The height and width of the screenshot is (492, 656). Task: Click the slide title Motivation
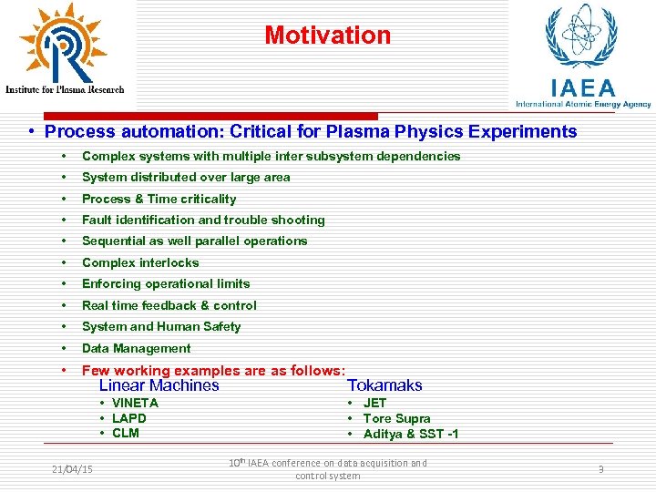coord(327,36)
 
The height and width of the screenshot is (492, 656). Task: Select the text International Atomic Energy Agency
coord(583,104)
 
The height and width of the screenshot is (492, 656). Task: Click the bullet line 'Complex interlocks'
coord(140,262)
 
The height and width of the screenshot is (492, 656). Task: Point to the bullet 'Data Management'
coord(136,348)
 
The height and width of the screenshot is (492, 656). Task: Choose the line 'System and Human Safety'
coord(161,326)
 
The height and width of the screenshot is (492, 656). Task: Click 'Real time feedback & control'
coord(169,305)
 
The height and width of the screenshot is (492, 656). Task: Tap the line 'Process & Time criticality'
coord(159,199)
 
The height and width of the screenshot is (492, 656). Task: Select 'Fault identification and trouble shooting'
coord(203,220)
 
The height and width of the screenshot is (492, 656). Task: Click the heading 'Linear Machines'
coord(159,385)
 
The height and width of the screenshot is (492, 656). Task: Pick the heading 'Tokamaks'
coord(384,385)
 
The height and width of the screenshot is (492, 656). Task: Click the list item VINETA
coord(135,403)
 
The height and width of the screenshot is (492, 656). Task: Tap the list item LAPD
coord(128,418)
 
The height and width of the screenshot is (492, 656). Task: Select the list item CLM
coord(125,433)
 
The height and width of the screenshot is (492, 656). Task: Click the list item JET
coord(374,403)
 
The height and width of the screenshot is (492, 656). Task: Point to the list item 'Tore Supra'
coord(396,418)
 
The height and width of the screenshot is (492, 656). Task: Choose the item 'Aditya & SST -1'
coord(410,434)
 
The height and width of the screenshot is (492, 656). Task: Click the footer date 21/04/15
coord(73,469)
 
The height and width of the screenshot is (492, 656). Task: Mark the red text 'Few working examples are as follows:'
coord(213,370)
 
